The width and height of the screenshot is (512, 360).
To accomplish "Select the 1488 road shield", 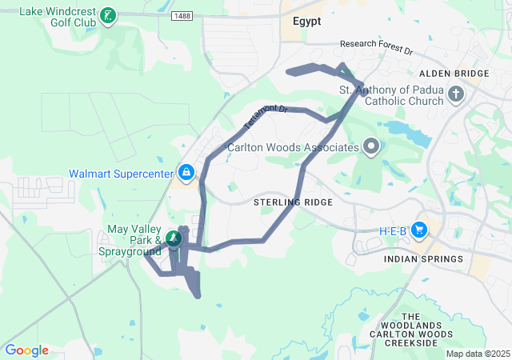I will tap(181, 15).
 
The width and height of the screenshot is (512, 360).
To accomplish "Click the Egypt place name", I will tap(306, 22).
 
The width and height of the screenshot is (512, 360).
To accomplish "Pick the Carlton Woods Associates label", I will tap(293, 147).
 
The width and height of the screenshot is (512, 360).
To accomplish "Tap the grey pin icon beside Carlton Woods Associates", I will tap(370, 146).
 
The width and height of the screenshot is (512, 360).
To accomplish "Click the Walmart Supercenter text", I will tap(121, 173).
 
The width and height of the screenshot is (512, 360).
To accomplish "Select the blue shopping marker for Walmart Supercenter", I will tap(186, 172).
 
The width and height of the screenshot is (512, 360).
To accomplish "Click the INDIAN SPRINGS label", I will tap(423, 259).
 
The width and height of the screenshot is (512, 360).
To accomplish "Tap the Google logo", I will tap(26, 350).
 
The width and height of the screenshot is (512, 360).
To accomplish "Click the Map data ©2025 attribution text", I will tap(477, 354).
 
